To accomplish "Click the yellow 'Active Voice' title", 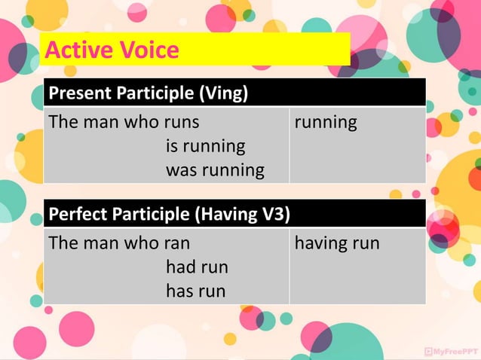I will tap(112, 50).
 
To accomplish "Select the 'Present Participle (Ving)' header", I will tap(149, 95).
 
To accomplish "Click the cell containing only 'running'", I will tap(326, 122).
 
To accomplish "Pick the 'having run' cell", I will tap(337, 243).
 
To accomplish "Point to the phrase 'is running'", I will tap(205, 146).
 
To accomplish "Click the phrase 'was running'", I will tap(214, 170).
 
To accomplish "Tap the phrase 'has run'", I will tap(195, 291).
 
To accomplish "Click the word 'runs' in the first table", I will tap(181, 122).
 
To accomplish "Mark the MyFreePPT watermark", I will tap(451, 351).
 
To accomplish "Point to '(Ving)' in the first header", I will tap(224, 95).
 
